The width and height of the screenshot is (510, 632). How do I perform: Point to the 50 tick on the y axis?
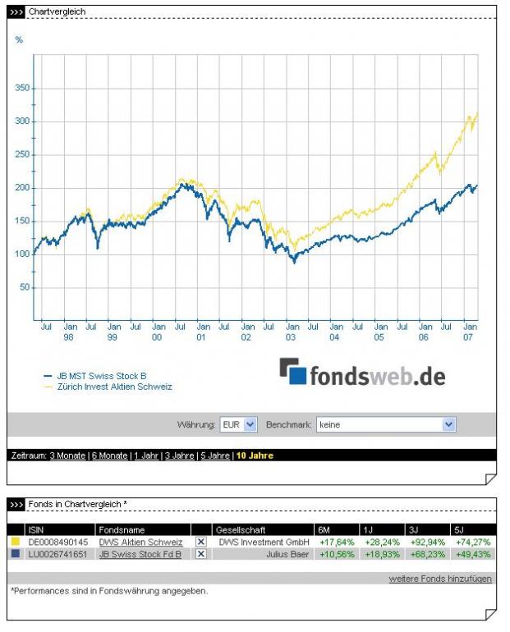point(24,287)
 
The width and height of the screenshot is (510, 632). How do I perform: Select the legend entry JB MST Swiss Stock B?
point(100,375)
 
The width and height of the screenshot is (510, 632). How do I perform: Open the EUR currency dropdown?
point(239,424)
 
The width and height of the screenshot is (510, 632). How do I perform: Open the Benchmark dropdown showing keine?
point(386,424)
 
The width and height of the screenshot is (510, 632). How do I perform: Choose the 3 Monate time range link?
point(67,456)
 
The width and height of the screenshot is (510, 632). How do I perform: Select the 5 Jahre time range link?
point(214,456)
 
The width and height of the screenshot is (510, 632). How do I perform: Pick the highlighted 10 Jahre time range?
point(255,456)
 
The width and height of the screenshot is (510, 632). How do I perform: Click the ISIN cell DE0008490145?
point(60,542)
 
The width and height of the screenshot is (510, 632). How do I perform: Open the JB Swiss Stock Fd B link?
point(140,554)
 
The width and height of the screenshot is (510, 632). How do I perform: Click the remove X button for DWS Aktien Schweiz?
point(201,542)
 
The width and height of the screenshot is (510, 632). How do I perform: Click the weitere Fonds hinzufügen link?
point(440,579)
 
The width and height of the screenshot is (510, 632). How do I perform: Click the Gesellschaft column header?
point(240,529)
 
